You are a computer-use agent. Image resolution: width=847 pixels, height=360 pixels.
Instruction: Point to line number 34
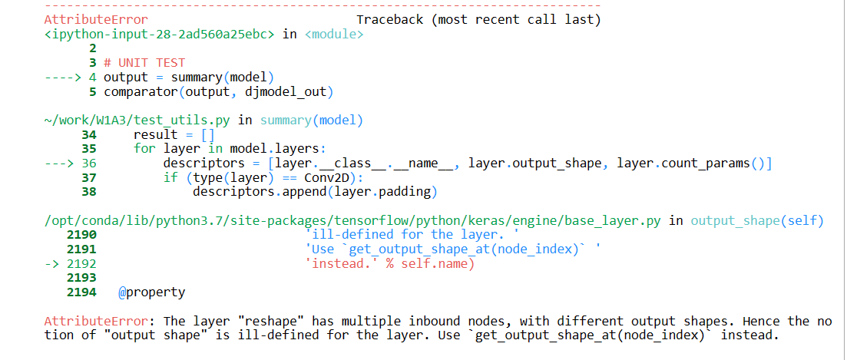pyautogui.click(x=89, y=134)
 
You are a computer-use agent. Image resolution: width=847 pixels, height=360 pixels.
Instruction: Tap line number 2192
pyautogui.click(x=81, y=263)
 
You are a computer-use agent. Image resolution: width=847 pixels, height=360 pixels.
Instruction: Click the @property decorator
pyautogui.click(x=151, y=292)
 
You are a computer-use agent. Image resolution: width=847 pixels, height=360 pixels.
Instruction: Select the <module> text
pyautogui.click(x=334, y=34)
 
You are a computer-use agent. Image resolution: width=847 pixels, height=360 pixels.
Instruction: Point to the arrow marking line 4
pyautogui.click(x=63, y=78)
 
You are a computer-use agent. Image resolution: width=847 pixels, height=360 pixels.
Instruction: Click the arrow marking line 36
pyautogui.click(x=63, y=163)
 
